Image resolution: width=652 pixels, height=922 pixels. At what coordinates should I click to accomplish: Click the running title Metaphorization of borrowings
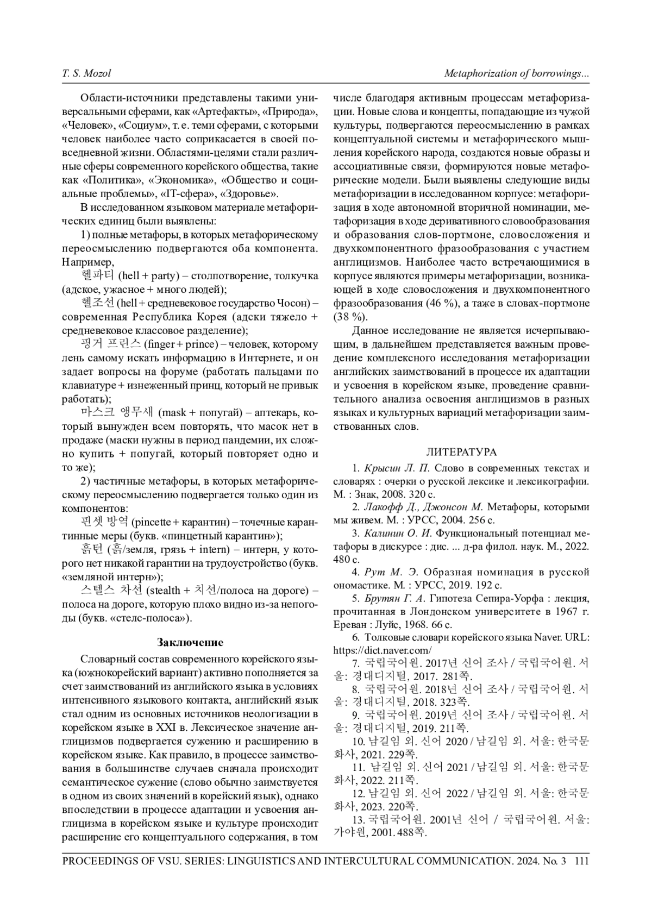click(517, 73)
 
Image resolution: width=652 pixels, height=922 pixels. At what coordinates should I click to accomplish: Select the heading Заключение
click(190, 643)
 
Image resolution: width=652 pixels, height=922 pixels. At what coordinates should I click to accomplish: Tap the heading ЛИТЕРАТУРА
click(461, 452)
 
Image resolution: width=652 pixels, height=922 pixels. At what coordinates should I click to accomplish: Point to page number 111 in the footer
click(581, 861)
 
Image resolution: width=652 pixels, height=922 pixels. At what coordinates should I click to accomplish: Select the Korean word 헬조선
click(97, 303)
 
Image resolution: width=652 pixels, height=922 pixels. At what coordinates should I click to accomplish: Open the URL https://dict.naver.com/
click(383, 650)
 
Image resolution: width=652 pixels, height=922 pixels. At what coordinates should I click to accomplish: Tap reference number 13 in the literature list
click(358, 819)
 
